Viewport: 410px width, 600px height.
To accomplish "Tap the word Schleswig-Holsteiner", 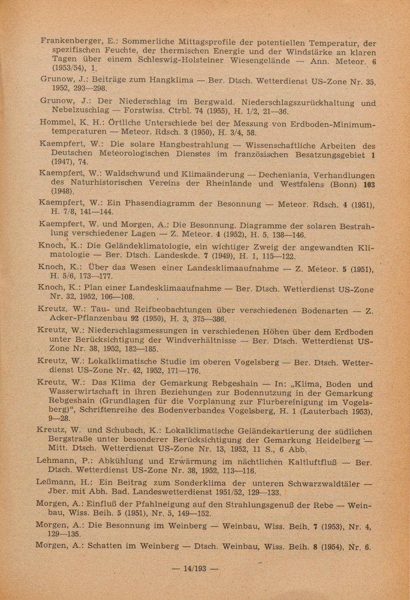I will tap(180, 60).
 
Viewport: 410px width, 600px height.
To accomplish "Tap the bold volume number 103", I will tap(369, 185).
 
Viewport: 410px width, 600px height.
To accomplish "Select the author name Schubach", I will tap(125, 431).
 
